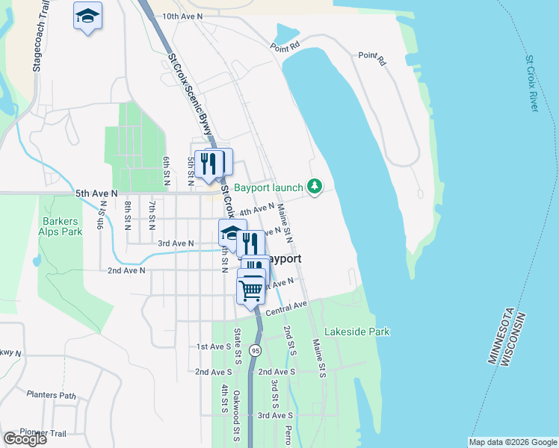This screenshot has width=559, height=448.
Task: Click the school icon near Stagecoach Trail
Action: [x=87, y=15]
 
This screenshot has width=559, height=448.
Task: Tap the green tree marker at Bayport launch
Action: [x=315, y=186]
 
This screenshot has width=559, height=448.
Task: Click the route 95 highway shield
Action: [x=256, y=349]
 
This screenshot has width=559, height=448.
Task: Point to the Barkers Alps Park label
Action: [x=62, y=226]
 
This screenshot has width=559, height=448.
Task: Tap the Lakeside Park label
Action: [x=356, y=332]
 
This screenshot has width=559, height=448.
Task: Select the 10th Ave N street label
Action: [x=182, y=16]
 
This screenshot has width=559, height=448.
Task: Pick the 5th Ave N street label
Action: [x=96, y=193]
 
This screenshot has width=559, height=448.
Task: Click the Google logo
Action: [x=25, y=439]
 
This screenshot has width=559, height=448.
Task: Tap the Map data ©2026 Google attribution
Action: [x=512, y=442]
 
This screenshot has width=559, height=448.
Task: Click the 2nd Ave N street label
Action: [x=126, y=271]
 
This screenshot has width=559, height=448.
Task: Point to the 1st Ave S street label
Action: [x=214, y=347]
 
